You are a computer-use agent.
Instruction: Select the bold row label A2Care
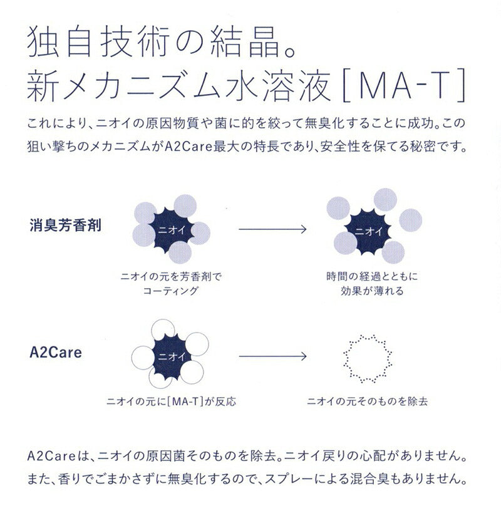pos(55,353)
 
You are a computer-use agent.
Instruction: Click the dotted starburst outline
pos(368,358)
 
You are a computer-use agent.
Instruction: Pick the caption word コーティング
pos(170,291)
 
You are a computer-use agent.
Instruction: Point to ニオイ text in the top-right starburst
pos(368,230)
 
